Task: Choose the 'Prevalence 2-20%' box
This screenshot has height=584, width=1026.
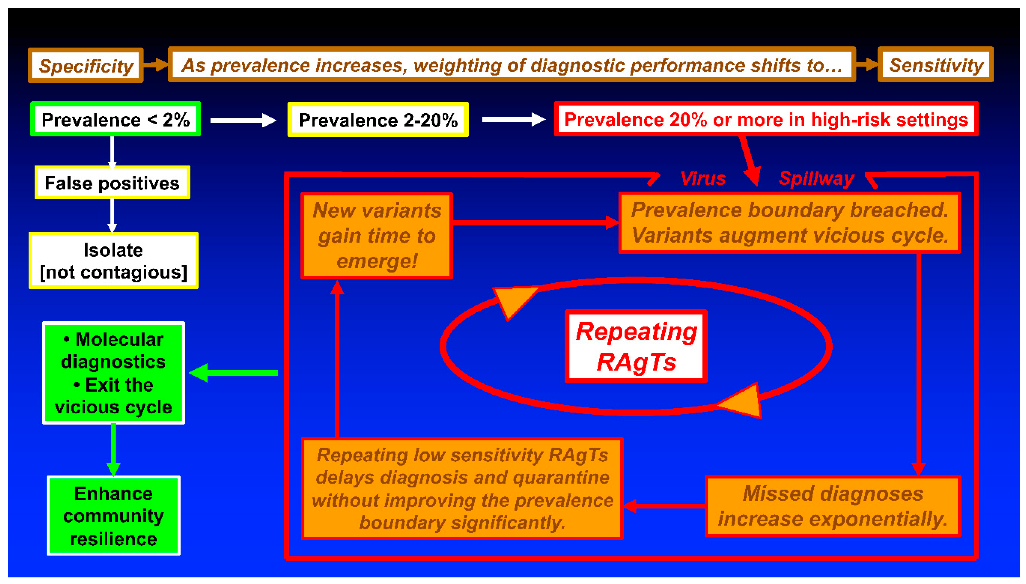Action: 378,120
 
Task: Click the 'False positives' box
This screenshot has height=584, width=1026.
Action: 112,183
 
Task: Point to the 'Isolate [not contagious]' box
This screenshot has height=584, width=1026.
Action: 113,261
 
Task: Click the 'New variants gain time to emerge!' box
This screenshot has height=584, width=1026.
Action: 377,236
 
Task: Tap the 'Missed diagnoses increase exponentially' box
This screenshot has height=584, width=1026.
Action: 833,506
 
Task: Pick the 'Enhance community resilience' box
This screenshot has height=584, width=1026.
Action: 113,516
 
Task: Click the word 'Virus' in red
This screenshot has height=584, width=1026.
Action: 703,178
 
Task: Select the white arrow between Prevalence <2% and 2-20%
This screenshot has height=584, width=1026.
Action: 243,120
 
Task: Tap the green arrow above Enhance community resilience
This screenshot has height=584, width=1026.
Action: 113,449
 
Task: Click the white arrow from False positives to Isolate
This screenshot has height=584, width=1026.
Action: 112,215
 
